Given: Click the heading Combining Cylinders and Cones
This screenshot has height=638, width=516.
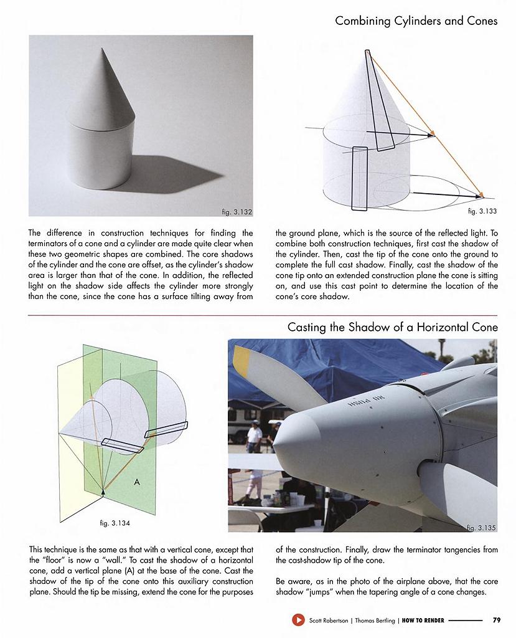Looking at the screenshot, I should click(x=416, y=21).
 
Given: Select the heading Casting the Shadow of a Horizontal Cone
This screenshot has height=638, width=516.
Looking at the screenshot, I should click(x=392, y=327).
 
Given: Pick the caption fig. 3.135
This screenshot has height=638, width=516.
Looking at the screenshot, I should click(x=481, y=528).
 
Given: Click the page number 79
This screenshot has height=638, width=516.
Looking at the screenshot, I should click(x=496, y=620).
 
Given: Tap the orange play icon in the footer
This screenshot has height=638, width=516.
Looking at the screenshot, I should click(x=298, y=620).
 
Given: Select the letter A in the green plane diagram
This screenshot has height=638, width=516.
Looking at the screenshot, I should click(x=135, y=482).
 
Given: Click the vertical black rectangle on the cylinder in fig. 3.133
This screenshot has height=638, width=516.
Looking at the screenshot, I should click(x=360, y=177).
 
